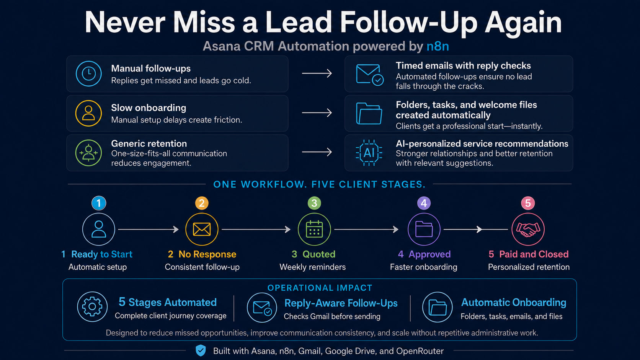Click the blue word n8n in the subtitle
coord(438,46)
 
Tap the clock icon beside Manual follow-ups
coord(88,74)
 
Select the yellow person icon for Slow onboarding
coord(88,113)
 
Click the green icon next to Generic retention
coord(88,153)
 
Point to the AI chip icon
coord(369,153)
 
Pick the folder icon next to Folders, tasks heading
coord(369,114)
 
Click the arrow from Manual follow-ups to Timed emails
coord(317,73)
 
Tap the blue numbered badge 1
coord(99,203)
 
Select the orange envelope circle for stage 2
coord(202,229)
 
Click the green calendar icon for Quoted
coord(314,229)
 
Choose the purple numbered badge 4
coord(424,203)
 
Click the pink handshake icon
coord(528,229)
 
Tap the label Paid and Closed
coord(534,254)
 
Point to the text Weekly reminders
coord(313,267)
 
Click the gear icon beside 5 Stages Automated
coord(92,306)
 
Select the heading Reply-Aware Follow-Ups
coord(341,303)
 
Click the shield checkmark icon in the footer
coord(201,350)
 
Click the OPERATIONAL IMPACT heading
coord(320,288)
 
